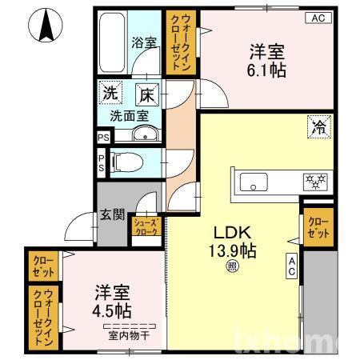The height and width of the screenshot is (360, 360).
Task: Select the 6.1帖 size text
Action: click(x=267, y=70)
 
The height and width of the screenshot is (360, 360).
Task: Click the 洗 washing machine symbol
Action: click(x=110, y=94)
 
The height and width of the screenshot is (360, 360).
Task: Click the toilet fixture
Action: click(x=127, y=163)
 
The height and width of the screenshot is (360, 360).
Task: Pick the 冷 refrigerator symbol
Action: click(x=318, y=126)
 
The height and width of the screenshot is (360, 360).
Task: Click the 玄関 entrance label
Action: click(x=112, y=214)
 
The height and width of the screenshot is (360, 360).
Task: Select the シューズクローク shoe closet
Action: click(x=146, y=226)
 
